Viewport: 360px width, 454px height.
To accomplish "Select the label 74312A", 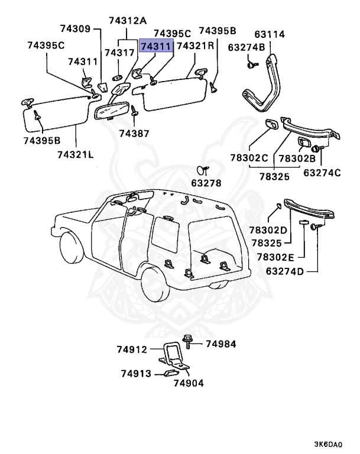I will coord(127,21).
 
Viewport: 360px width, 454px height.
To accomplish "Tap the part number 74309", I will coord(76,28).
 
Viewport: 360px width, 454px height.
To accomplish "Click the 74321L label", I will coord(75,154).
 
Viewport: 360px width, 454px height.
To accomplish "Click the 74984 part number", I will coord(221,343).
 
